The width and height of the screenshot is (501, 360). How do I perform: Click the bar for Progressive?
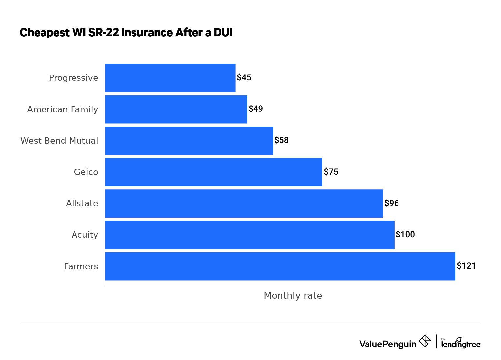170,78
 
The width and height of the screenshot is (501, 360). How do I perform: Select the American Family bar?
176,109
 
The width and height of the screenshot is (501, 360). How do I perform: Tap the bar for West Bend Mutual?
189,141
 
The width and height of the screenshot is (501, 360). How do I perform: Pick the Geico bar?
214,172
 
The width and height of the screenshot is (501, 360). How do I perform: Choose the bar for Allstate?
244,203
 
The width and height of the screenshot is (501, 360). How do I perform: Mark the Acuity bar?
250,235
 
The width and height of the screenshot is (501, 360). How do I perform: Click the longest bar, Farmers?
280,266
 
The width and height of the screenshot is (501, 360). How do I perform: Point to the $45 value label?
244,77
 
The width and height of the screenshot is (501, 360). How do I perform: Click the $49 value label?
256,109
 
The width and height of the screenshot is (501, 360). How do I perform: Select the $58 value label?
281,140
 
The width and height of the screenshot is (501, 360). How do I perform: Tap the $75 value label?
331,172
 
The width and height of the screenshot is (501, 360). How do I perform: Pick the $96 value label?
392,203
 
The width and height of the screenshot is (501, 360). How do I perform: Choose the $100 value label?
405,234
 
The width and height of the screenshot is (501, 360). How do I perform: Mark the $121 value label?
466,266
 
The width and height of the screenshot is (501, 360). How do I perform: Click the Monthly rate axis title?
293,296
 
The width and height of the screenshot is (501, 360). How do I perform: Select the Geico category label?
86,172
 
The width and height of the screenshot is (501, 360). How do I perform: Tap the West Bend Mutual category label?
59,141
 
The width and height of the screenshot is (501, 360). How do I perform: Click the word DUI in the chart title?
223,33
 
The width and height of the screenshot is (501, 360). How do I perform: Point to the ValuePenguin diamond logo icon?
425,341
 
